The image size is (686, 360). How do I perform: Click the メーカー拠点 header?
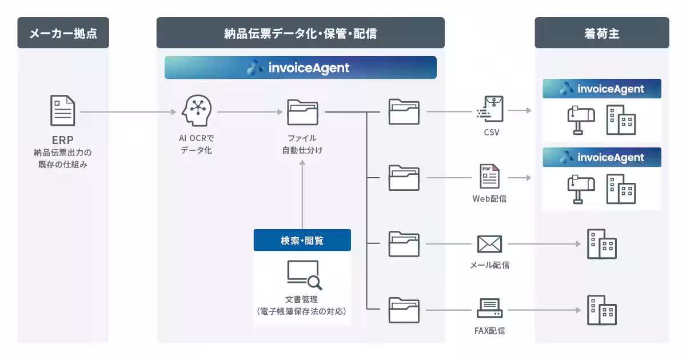(63, 33)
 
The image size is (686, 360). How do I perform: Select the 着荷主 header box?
(601, 33)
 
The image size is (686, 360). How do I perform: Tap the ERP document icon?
(62, 111)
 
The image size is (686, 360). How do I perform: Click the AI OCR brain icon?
(196, 111)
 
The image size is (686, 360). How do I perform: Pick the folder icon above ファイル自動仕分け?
(302, 112)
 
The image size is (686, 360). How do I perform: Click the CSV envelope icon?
(491, 110)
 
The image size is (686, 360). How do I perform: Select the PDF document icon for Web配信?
(489, 177)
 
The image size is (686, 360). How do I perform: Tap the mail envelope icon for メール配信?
(489, 244)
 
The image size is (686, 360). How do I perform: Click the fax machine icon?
(489, 309)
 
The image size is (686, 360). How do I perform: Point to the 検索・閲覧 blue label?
(302, 241)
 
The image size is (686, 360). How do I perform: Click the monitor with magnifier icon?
(304, 275)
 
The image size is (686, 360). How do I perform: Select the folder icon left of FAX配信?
(404, 310)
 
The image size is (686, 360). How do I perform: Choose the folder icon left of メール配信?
(404, 244)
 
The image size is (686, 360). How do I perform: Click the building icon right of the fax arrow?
(601, 310)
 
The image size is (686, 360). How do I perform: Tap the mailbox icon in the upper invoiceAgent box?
(580, 121)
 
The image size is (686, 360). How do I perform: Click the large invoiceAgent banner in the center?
(300, 67)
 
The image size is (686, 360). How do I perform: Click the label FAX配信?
(489, 330)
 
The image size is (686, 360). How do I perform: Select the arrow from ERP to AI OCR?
(129, 112)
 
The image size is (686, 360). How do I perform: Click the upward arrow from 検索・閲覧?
(302, 194)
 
